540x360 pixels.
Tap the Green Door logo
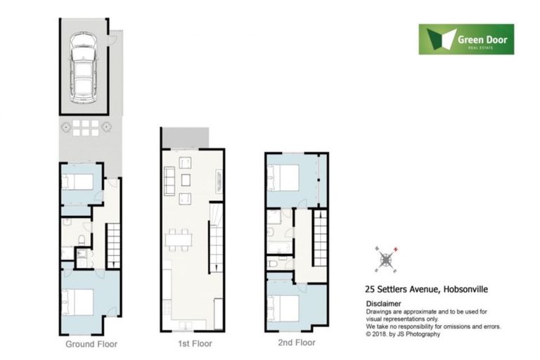pyautogui.click(x=466, y=39)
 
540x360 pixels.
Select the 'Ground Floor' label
pyautogui.click(x=91, y=345)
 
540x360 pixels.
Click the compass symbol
pyautogui.click(x=386, y=259)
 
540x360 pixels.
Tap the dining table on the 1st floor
pyautogui.click(x=179, y=240)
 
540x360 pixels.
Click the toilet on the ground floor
pyautogui.click(x=82, y=240)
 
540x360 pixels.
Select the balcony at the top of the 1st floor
pyautogui.click(x=186, y=138)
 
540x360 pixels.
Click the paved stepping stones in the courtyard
pyautogui.click(x=84, y=127)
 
